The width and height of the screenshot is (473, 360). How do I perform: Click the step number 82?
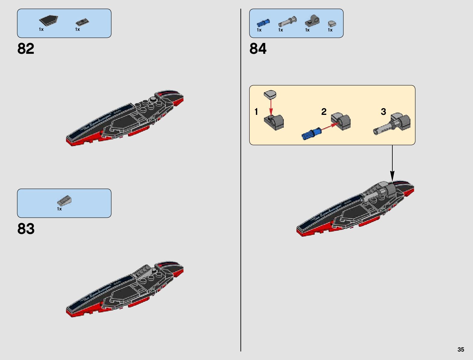26,48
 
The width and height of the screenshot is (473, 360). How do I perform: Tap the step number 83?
26,229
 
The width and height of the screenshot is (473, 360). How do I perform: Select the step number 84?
258,48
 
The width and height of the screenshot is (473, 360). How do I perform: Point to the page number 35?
460,349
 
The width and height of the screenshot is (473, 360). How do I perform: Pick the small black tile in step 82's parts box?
83,22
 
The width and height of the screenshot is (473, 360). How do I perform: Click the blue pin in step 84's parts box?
263,23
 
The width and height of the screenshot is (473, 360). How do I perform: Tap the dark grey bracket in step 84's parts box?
312,21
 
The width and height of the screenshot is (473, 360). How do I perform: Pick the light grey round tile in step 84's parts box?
332,24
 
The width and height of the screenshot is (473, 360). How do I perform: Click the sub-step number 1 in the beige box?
256,112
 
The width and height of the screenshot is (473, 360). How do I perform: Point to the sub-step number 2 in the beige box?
324,112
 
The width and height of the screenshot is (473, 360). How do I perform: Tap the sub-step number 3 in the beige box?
383,112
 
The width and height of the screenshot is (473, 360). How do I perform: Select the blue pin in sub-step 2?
311,134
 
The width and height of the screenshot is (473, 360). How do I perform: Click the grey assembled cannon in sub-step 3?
392,124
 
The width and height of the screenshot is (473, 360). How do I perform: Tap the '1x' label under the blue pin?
259,30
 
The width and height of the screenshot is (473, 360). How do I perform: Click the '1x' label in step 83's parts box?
59,209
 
